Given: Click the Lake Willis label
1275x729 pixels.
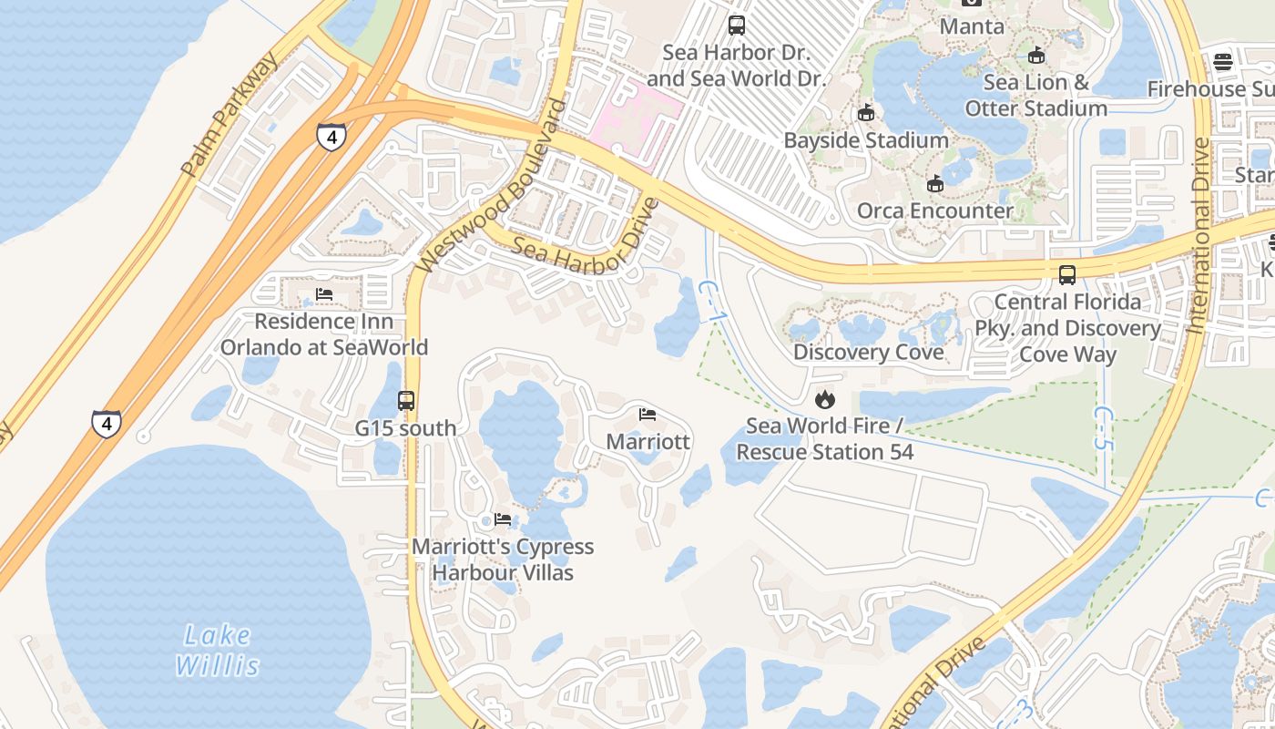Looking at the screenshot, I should point(218,650).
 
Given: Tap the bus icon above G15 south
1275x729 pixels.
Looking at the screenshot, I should point(406,400).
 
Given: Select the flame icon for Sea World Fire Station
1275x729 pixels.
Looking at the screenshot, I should point(824,399).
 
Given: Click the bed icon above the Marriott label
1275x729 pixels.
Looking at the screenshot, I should point(648,415).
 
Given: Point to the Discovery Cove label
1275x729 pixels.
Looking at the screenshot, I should point(868,353).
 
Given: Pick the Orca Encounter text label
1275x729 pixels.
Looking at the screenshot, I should point(934,211).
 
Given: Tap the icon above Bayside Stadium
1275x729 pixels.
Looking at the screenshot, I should point(865,114).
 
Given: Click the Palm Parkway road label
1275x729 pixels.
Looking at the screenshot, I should point(229,115).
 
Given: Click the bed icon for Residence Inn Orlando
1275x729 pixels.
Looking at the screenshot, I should point(323,294).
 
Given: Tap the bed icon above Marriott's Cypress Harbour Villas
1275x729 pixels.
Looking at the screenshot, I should point(502,519).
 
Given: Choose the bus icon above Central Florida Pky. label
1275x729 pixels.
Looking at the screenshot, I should point(1066,274).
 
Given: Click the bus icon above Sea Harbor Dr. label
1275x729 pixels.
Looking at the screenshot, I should point(736,26).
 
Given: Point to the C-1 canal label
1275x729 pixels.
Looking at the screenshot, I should point(710,300).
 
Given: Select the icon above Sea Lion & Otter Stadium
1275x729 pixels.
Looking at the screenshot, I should point(1035,56).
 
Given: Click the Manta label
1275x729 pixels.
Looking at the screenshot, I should point(972,26).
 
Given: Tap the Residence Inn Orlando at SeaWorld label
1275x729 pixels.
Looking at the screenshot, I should point(323,334).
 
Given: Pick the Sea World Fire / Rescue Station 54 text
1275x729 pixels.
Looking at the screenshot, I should point(824,439).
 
